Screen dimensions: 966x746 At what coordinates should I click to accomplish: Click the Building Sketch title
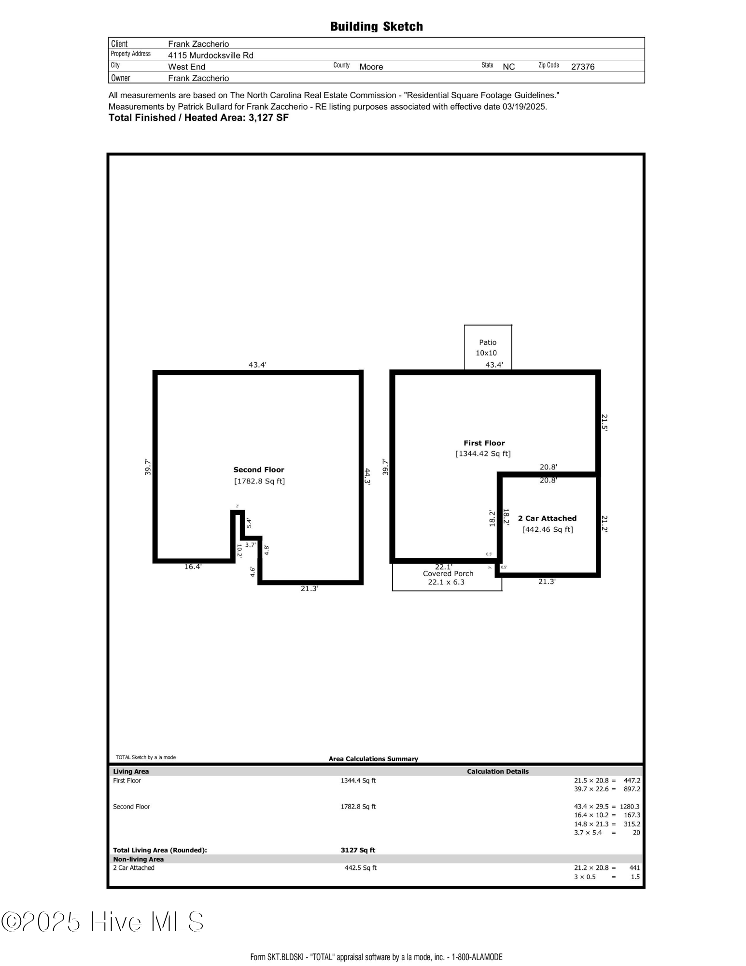coord(376,27)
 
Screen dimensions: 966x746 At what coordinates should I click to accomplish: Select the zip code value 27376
coord(582,67)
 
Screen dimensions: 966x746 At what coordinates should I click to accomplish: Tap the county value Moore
coord(371,67)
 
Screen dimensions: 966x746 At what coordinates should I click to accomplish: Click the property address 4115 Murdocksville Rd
coord(211,55)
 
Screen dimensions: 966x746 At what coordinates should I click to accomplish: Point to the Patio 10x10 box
coord(488,347)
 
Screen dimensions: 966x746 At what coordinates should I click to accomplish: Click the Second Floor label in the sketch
coord(258,469)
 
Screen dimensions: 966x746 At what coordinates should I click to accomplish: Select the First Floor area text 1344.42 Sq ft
coord(483,454)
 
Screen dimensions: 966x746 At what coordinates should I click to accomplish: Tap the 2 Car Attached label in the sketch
coord(547,518)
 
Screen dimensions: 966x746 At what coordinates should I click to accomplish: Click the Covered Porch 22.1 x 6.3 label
coord(448,578)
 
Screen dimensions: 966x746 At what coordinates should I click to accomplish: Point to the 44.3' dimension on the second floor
coord(367,476)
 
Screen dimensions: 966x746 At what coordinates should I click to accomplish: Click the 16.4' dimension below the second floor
coord(193,567)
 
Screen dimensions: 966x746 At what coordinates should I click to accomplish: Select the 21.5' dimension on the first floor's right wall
coord(605,422)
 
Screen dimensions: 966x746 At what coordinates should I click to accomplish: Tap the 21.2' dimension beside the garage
coord(605,524)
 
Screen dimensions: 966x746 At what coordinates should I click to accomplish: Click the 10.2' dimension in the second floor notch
coord(239,551)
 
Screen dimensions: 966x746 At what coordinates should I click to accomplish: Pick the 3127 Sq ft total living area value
coord(358,850)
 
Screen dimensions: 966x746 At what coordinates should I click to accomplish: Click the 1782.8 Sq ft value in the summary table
coord(358,807)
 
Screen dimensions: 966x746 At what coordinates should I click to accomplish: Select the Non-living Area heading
coord(138,859)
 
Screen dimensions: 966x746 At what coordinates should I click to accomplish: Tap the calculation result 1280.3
coord(629,807)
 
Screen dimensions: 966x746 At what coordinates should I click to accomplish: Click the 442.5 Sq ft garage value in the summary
coord(360,868)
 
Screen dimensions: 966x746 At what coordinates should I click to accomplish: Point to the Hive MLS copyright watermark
coord(102,922)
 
